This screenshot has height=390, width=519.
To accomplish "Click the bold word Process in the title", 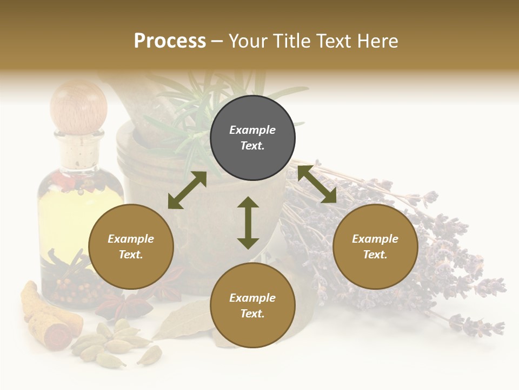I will [x=170, y=41].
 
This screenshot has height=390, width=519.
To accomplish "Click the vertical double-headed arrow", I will [x=248, y=223].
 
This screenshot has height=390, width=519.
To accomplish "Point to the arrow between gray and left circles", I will [x=187, y=190].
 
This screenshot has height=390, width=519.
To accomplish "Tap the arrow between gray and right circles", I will [x=317, y=184].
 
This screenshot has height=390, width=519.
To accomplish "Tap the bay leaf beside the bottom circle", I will [x=181, y=320].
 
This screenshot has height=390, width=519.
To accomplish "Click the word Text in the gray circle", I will [x=252, y=146].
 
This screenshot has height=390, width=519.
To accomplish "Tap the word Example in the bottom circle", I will [x=252, y=298].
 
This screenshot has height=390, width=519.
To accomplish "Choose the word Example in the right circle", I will [x=375, y=239].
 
